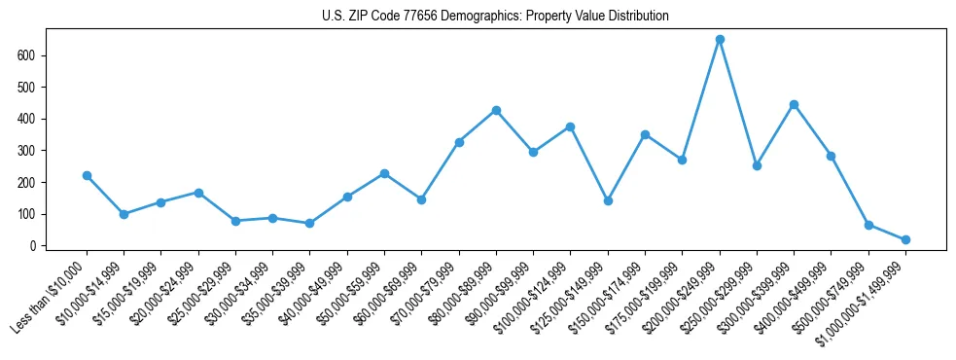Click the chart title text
pos(495,17)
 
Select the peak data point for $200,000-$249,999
pos(720,40)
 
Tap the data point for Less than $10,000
pos(87,176)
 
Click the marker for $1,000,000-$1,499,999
pos(905,239)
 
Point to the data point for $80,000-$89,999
pos(496,110)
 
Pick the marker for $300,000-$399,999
pos(794,104)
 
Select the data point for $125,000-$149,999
pos(608,200)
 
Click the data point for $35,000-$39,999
pos(309,223)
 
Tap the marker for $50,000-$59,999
pos(384,173)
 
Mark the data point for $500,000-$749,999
pos(868,225)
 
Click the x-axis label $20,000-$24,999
pos(161,293)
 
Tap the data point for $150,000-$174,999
pos(645,134)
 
